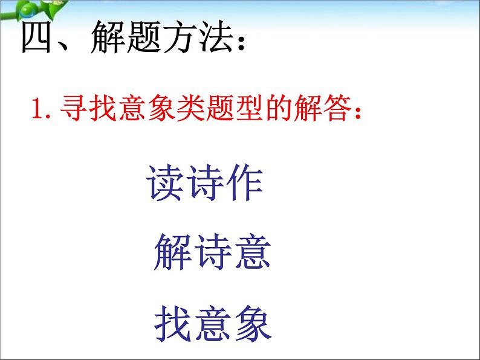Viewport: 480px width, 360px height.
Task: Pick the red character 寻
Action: (71, 109)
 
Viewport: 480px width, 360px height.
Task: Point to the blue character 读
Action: (165, 184)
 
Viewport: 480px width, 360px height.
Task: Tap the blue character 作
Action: (244, 184)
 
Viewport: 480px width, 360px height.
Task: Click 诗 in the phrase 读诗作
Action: (204, 184)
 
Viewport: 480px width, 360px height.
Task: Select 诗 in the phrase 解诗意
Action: (212, 252)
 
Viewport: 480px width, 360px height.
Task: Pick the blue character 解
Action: (173, 252)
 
